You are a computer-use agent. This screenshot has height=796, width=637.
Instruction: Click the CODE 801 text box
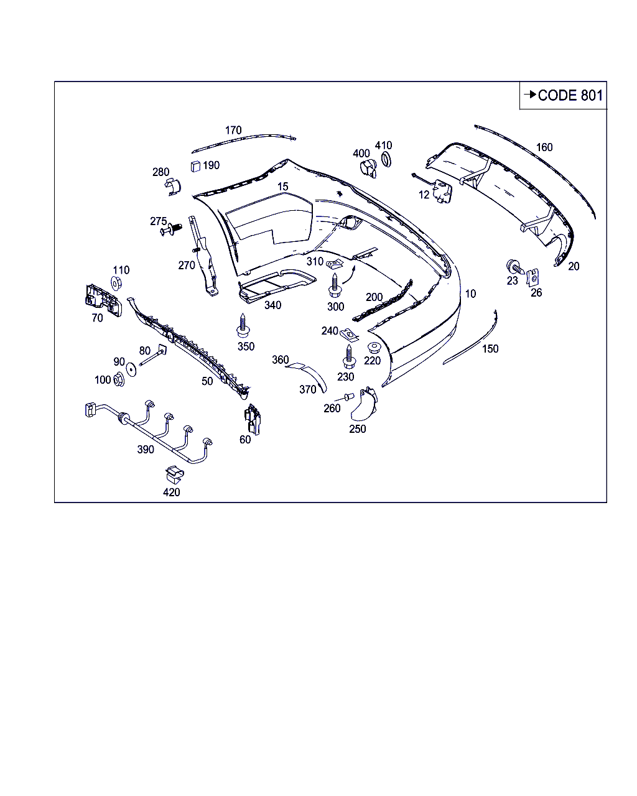point(562,95)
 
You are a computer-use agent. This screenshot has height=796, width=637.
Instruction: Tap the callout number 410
point(383,146)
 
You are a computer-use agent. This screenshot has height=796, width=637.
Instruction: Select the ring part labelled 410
point(386,159)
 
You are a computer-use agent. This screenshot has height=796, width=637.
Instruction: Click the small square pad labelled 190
point(195,166)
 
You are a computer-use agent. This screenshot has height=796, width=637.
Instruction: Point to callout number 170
point(233,130)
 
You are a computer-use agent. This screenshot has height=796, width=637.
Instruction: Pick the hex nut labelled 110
point(116,284)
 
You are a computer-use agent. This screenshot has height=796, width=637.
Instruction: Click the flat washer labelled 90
point(131,369)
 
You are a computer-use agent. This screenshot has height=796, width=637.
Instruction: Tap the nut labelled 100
point(118,379)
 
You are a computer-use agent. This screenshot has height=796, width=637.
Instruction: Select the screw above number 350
point(243,325)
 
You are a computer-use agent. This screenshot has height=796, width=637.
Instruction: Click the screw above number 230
point(349,356)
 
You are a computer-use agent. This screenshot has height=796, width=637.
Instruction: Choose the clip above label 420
point(174,474)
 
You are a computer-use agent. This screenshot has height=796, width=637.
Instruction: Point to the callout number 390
point(146,450)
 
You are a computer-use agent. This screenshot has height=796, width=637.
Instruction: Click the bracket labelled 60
point(253,419)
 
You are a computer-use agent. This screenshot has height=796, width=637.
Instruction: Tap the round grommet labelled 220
point(374,348)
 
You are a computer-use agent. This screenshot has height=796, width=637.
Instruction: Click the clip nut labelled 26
point(532,277)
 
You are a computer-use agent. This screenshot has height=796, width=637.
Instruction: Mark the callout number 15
point(283,187)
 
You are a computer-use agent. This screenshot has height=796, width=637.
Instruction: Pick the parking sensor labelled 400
point(369,169)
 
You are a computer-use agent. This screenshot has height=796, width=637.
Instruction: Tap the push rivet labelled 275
point(171,229)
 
